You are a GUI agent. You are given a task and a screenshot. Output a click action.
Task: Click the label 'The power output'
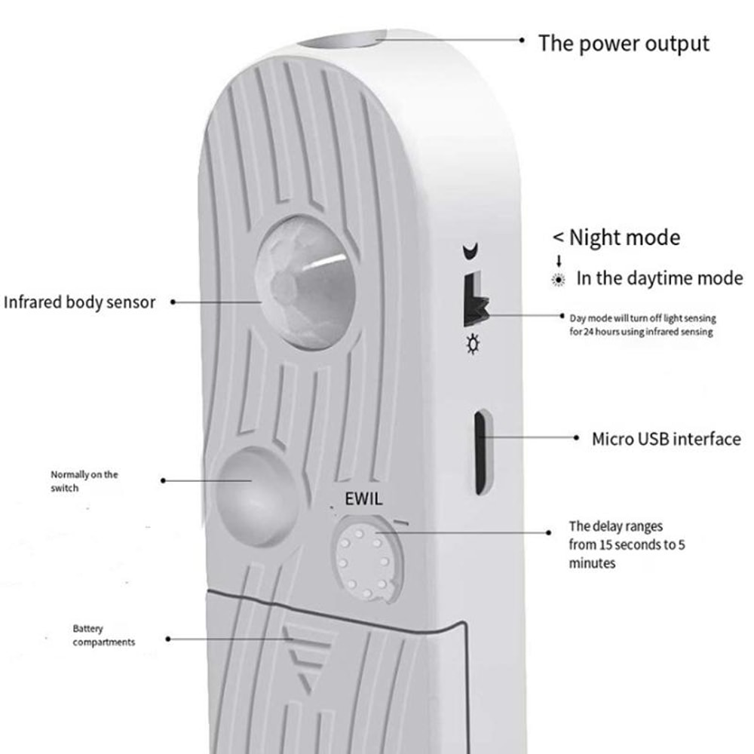click(x=624, y=43)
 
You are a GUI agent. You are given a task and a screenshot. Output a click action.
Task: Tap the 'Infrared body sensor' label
click(x=79, y=302)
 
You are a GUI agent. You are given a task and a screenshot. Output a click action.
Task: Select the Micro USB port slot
click(x=480, y=452)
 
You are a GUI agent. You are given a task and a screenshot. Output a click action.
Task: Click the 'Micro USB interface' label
click(x=666, y=438)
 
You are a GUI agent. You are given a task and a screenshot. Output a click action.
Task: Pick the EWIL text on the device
click(x=363, y=498)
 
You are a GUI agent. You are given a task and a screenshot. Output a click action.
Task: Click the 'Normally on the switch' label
click(x=84, y=481)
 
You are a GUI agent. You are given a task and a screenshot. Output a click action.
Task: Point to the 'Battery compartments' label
click(x=103, y=635)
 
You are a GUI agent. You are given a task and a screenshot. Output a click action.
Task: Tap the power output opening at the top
click(x=346, y=42)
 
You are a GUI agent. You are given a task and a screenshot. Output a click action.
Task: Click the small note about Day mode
click(x=642, y=325)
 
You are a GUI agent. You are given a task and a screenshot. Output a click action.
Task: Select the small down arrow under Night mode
click(x=559, y=261)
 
